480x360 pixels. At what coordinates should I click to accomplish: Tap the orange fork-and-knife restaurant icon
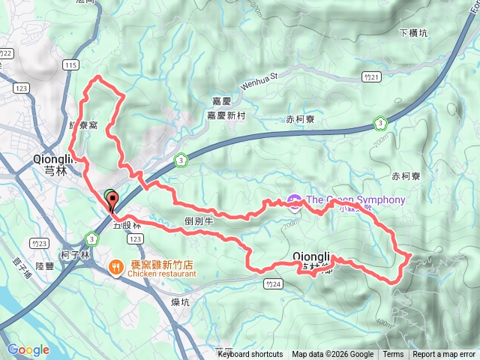pos(116,265)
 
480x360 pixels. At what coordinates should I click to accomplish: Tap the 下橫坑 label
pos(413,33)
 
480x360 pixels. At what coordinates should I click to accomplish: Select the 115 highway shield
pos(71,65)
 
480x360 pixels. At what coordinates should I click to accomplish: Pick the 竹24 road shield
pos(273,283)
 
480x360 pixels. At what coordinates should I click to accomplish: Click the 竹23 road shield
pos(40,243)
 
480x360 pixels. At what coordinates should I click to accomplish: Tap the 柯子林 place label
pos(75,255)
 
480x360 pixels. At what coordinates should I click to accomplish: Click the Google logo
pos(28,349)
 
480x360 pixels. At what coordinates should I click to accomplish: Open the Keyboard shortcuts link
pos(250,355)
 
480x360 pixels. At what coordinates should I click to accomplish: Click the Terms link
pos(393,355)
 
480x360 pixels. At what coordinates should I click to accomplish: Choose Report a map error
pos(445,355)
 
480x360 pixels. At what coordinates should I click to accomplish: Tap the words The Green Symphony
pos(355,200)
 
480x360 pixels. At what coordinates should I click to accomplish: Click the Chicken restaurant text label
pos(161,274)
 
